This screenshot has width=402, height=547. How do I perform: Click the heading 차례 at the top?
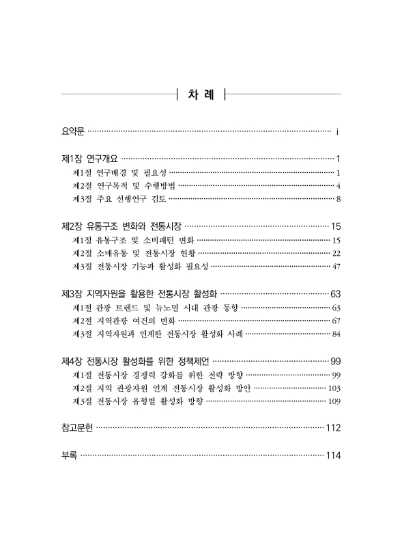click(201, 94)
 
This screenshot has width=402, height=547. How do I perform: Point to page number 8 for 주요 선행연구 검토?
click(339, 200)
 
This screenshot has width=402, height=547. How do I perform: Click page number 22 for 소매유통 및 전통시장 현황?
click(336, 253)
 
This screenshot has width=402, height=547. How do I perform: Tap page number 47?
click(336, 267)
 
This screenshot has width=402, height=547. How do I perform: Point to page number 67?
click(336, 320)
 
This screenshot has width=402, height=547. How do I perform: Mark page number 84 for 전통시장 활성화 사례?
click(336, 334)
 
